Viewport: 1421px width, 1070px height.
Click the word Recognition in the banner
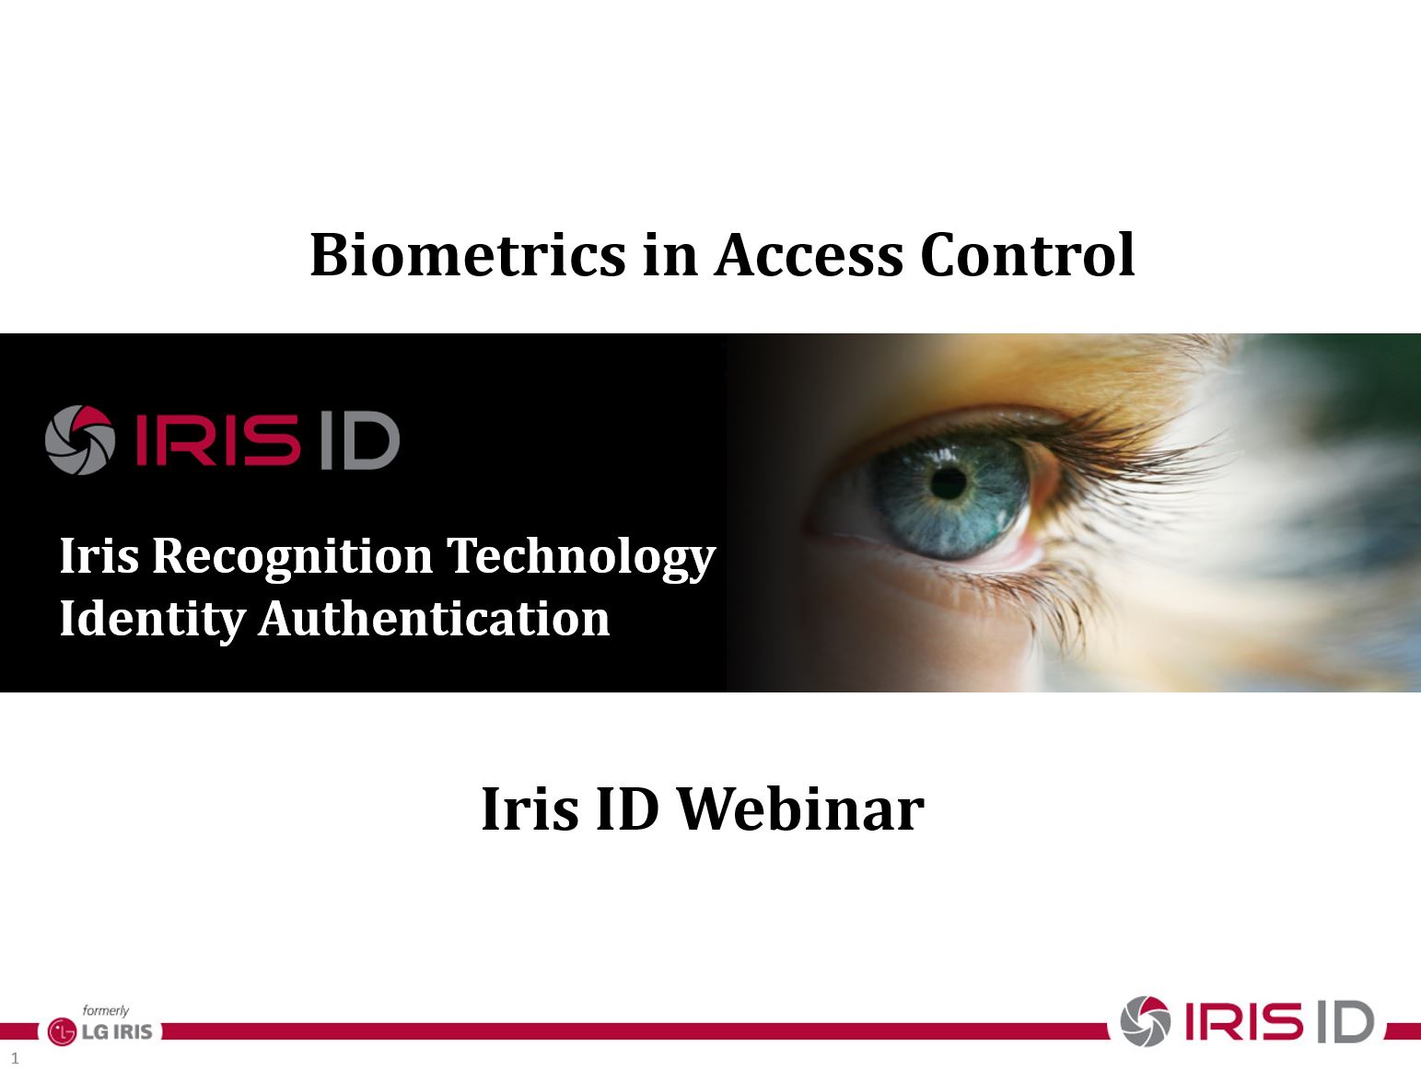(293, 557)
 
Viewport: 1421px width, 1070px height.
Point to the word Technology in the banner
(581, 557)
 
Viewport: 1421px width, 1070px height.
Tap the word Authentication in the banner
(435, 619)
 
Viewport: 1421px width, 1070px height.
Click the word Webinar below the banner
(801, 808)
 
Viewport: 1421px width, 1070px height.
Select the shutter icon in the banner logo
(80, 439)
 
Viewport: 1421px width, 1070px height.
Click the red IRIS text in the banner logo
(217, 440)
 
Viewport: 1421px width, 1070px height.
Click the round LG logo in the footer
(62, 1032)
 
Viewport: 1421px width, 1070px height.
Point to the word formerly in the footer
(106, 1010)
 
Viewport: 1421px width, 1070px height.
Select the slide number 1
(15, 1058)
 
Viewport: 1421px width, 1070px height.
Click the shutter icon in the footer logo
(1146, 1021)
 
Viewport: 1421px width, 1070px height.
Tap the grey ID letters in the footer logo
(1345, 1022)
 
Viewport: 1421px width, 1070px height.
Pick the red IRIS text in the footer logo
(1243, 1021)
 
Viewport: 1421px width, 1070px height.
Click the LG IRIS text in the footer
(117, 1032)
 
